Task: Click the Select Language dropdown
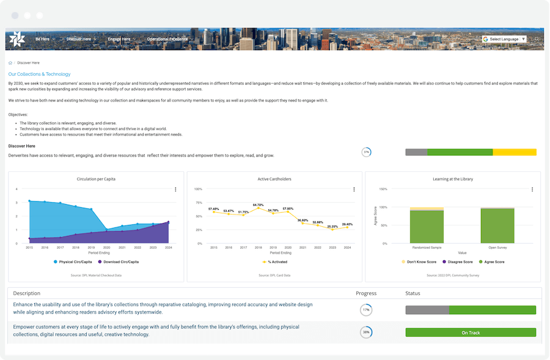[504, 39]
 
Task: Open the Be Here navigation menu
[42, 39]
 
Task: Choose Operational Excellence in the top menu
[167, 39]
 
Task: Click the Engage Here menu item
[119, 39]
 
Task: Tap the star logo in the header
[16, 39]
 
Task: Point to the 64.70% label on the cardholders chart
[258, 205]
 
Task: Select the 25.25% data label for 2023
[332, 226]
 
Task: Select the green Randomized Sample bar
[427, 227]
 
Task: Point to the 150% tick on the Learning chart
[383, 189]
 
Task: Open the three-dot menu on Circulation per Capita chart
[175, 189]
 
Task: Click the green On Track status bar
[471, 332]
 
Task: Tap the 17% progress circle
[366, 310]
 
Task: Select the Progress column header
[366, 293]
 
